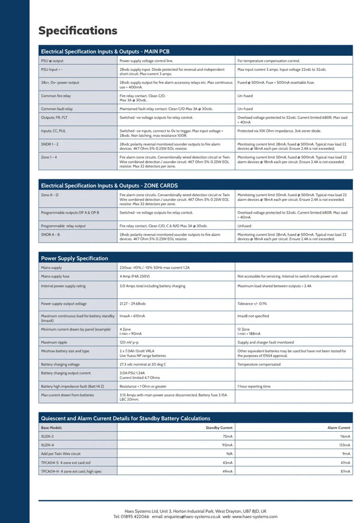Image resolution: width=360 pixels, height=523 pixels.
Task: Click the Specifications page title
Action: [x=77, y=31]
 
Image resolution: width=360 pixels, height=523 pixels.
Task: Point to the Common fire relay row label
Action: [x=57, y=95]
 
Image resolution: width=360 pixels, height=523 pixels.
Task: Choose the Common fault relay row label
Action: [x=57, y=109]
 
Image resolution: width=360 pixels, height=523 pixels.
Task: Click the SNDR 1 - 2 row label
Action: [x=50, y=144]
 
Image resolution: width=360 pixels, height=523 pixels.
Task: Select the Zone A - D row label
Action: [x=50, y=195]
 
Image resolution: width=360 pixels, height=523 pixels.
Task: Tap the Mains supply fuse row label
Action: [x=55, y=276]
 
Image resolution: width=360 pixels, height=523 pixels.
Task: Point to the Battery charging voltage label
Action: [x=60, y=364]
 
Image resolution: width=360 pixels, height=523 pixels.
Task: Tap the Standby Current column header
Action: [x=218, y=428]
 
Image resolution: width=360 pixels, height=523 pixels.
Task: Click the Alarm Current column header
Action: [x=338, y=428]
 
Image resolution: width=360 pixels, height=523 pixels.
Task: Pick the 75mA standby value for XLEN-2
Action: [x=227, y=436]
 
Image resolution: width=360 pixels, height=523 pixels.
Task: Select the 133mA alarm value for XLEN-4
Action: [x=344, y=445]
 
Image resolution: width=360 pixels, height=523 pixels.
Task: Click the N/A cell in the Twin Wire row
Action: [x=229, y=453]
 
